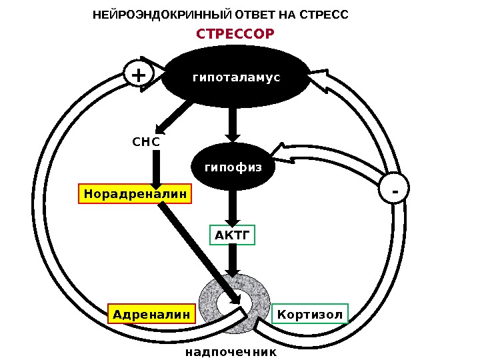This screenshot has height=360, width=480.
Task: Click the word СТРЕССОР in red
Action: (235, 33)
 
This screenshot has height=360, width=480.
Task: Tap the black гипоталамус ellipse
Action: (236, 77)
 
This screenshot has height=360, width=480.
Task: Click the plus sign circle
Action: (138, 75)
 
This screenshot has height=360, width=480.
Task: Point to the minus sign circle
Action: (395, 191)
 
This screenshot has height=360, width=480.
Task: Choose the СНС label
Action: (146, 141)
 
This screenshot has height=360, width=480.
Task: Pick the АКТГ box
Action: (233, 235)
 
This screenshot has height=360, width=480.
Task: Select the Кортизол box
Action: (311, 313)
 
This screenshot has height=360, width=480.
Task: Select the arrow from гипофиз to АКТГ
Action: (233, 207)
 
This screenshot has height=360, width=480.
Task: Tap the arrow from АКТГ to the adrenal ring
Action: (233, 259)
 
